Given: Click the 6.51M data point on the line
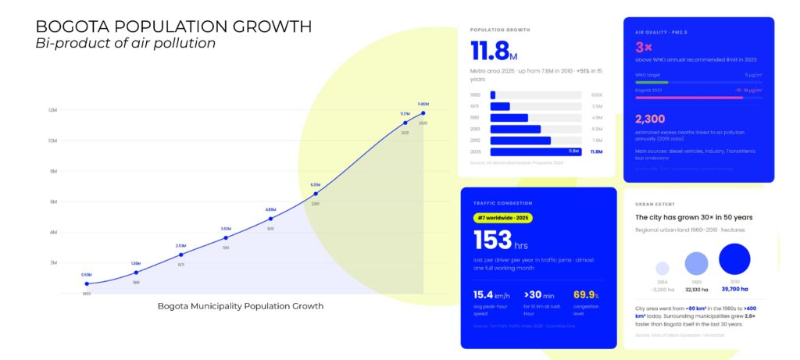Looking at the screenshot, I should (315, 193).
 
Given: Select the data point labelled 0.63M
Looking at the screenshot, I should (86, 283).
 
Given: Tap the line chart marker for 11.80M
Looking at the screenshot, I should (423, 112).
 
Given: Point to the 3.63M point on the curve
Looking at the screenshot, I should (226, 237).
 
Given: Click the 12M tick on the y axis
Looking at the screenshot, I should (52, 110).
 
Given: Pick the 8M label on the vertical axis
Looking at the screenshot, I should (53, 171).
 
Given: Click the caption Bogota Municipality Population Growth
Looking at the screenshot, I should (241, 306).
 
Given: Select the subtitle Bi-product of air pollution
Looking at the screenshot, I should (125, 43).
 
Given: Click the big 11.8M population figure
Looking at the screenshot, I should (495, 52).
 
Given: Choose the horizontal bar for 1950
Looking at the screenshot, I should (493, 95).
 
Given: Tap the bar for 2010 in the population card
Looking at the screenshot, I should (520, 141).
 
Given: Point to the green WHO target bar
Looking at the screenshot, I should (652, 82).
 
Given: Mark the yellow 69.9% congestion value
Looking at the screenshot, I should (585, 294).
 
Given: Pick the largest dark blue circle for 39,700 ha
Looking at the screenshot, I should (734, 258).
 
